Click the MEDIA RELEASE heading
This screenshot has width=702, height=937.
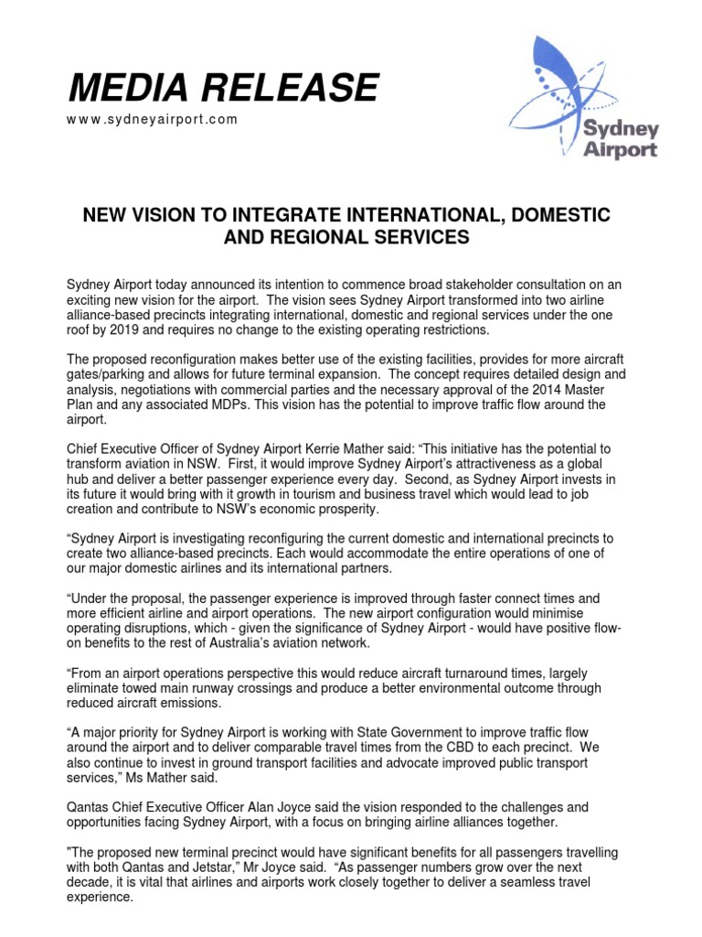coord(223,89)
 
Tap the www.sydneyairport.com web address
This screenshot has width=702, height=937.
coord(153,120)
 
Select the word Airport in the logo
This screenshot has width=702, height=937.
coord(621,150)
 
